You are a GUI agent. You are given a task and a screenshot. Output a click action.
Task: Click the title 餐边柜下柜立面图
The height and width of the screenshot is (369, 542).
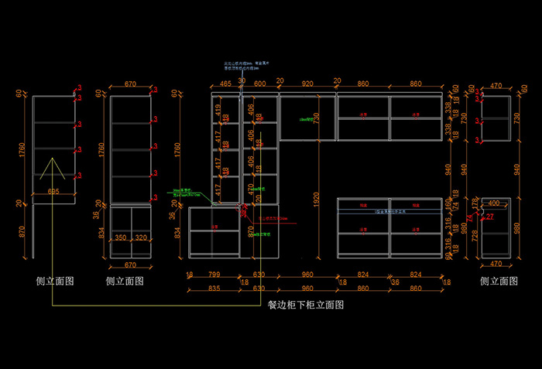[x=305, y=305]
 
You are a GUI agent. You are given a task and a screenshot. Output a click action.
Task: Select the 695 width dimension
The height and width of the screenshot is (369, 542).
[x=53, y=191]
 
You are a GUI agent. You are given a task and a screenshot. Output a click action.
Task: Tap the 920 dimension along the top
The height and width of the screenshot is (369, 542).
[x=307, y=84]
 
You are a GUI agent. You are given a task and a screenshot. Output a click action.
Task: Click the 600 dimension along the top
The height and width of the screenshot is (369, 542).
[x=259, y=84]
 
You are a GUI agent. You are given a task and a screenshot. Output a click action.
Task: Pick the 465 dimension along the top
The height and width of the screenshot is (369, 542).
[x=225, y=84]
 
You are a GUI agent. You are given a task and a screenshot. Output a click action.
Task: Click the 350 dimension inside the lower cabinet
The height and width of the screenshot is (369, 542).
[x=121, y=237]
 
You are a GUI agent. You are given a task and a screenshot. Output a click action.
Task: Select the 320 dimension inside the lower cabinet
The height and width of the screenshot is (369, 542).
[x=140, y=237]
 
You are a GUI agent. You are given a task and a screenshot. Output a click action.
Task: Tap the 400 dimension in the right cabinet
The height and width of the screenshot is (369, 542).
[x=493, y=203]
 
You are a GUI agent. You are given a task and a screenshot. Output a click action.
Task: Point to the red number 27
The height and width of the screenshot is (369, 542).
[x=489, y=217]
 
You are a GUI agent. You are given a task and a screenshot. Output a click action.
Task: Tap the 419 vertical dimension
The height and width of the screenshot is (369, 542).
[x=218, y=108]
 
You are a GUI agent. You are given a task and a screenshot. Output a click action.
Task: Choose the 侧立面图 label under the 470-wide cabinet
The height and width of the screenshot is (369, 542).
[x=498, y=281]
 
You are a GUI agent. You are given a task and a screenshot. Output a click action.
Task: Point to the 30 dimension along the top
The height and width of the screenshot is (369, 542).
[x=242, y=80]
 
